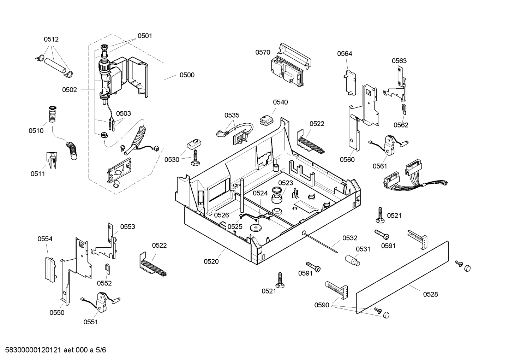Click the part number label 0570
(263, 52)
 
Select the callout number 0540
(280, 102)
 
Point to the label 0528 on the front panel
(430, 294)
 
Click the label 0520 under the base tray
(211, 261)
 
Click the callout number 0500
(187, 75)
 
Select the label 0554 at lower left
(45, 239)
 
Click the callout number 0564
(345, 54)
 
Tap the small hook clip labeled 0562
(403, 110)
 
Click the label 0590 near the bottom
(322, 305)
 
